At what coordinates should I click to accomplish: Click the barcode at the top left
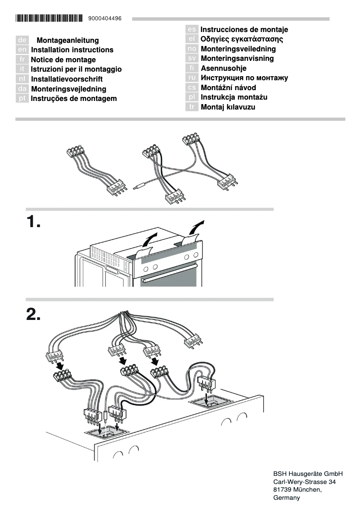[x=49, y=18]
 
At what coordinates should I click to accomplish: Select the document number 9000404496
[x=105, y=18]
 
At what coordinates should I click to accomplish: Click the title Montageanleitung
[x=68, y=41]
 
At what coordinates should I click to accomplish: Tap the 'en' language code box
[x=23, y=50]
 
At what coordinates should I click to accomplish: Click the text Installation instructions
[x=72, y=50]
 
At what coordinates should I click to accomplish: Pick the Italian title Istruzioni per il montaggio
[x=76, y=69]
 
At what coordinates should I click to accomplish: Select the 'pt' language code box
[x=23, y=99]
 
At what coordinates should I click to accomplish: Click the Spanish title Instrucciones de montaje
[x=244, y=30]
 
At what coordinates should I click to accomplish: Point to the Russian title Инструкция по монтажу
[x=244, y=78]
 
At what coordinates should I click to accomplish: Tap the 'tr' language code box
[x=192, y=107]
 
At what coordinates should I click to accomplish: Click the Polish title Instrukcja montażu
[x=234, y=97]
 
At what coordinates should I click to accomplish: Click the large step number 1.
[x=33, y=222]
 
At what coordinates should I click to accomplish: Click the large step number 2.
[x=33, y=315]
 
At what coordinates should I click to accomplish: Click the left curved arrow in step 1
[x=150, y=238]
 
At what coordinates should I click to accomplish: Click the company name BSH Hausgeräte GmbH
[x=308, y=474]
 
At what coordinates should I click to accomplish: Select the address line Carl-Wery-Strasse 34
[x=305, y=482]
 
